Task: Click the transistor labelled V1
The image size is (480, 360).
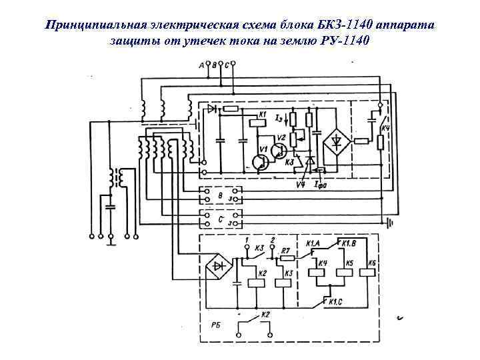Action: pyautogui.click(x=259, y=161)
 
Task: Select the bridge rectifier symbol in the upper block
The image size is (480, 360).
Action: pyautogui.click(x=334, y=141)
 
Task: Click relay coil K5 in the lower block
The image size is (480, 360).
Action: pyautogui.click(x=344, y=271)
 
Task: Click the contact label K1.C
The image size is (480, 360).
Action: pyautogui.click(x=338, y=301)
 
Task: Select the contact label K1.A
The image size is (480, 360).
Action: pyautogui.click(x=313, y=244)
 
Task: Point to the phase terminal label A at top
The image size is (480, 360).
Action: pyautogui.click(x=202, y=65)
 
